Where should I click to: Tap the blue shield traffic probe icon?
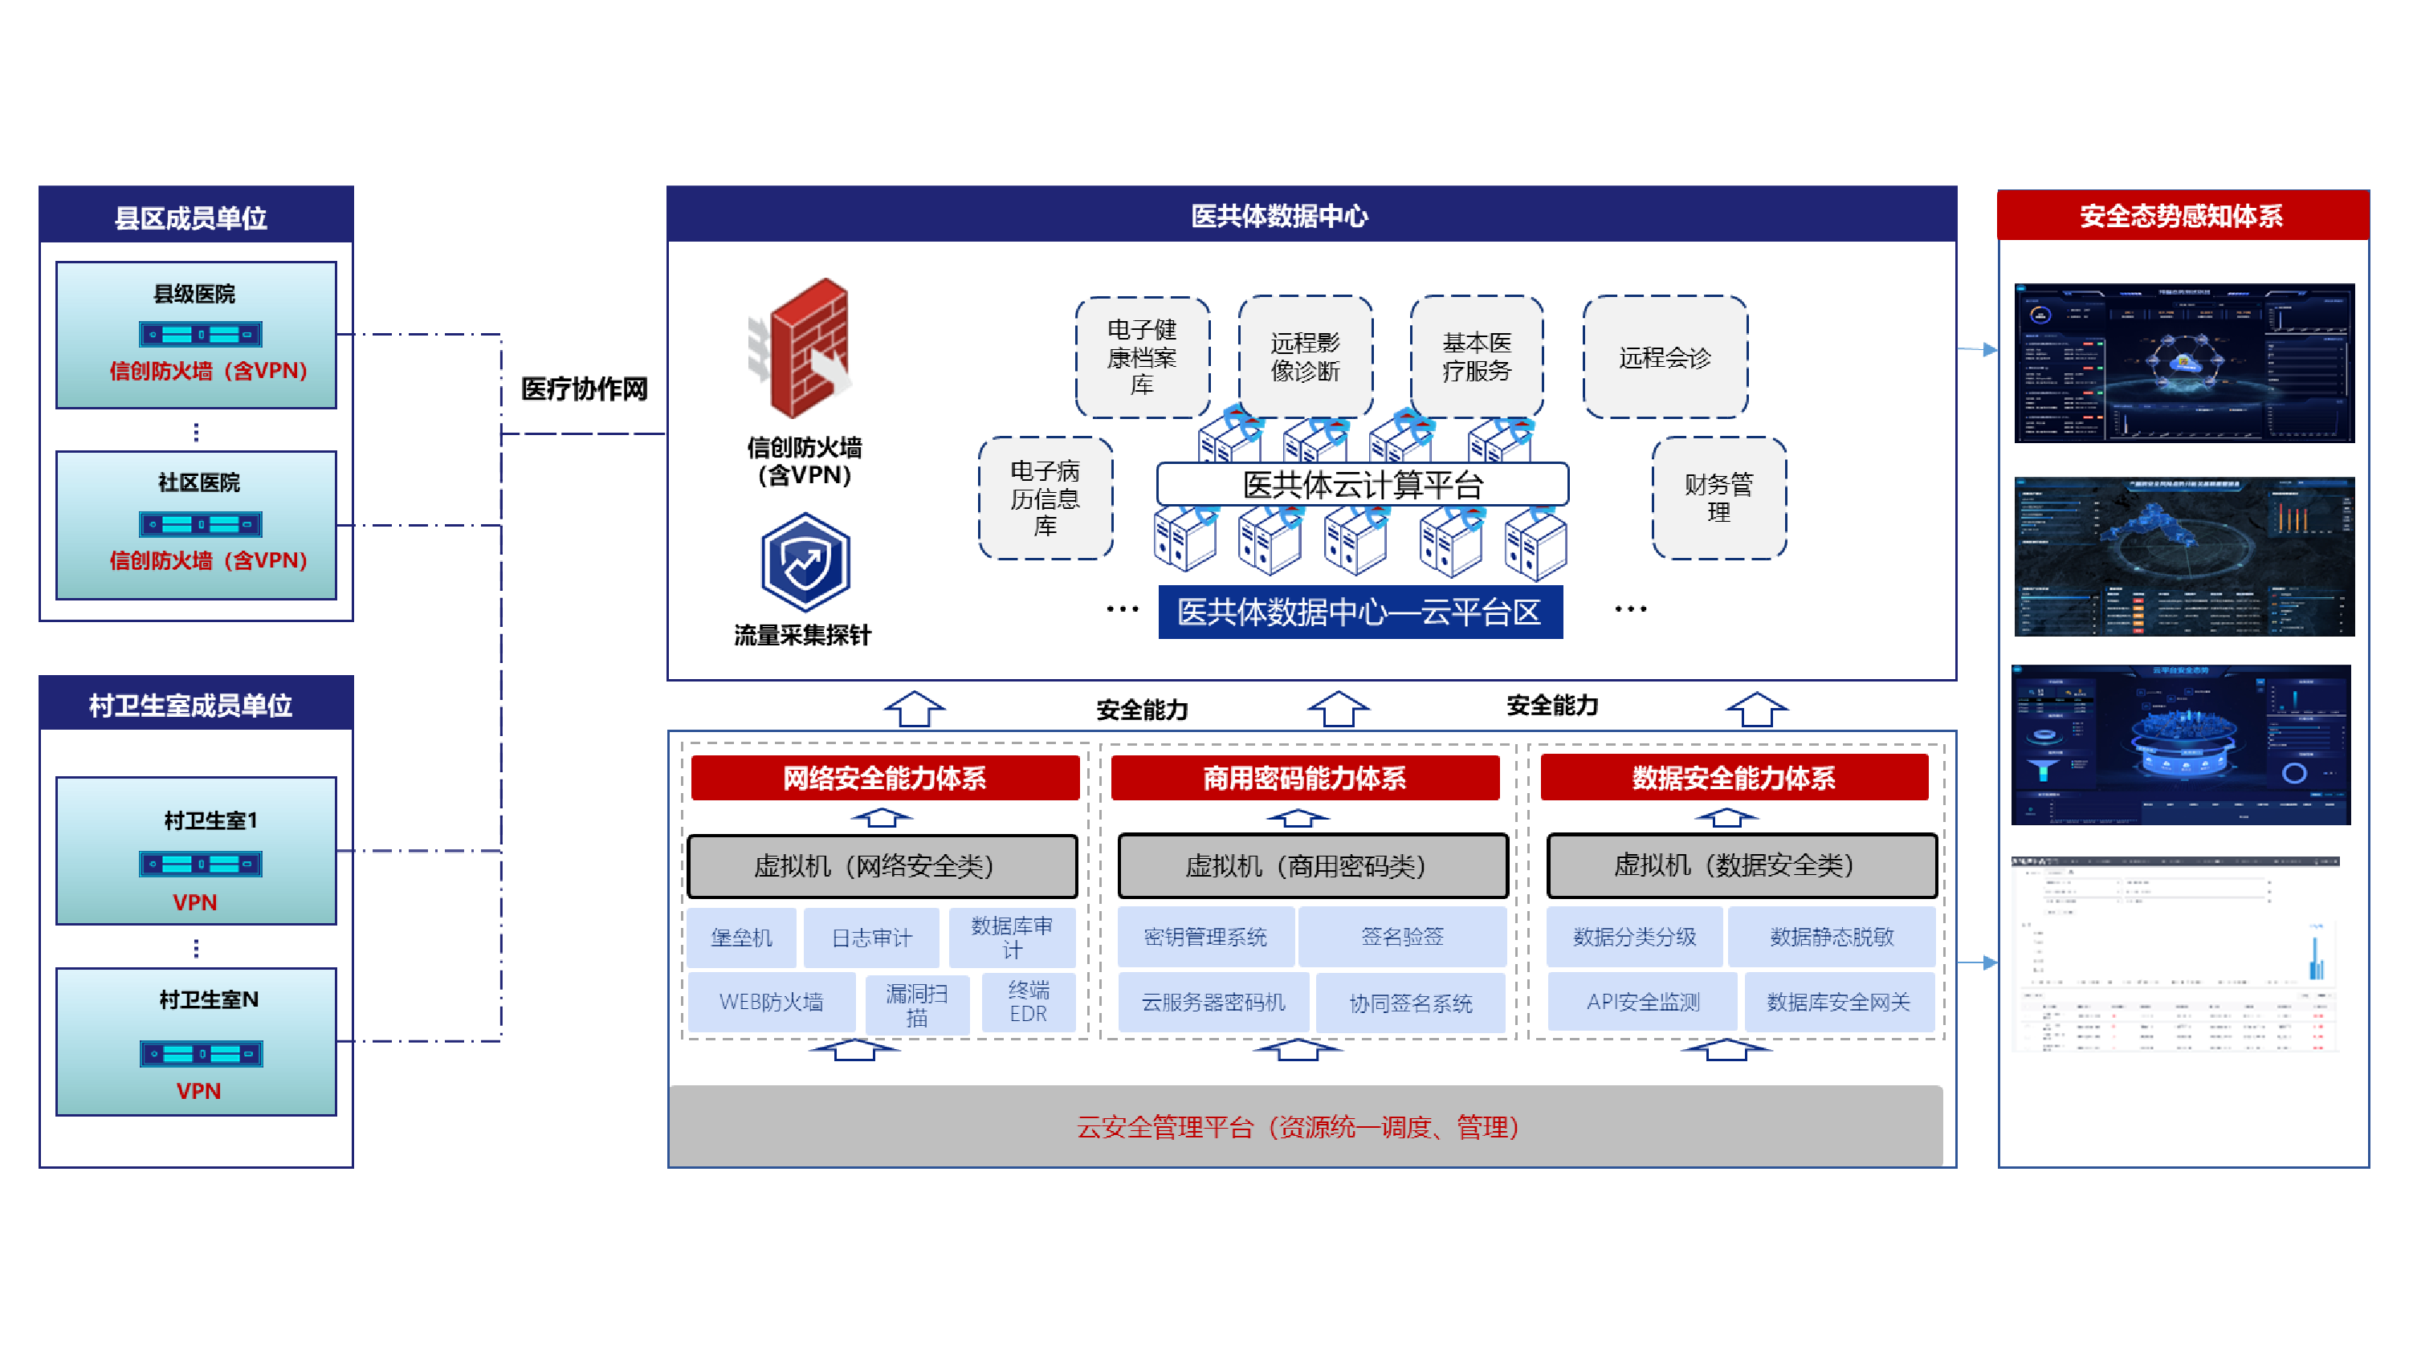[805, 562]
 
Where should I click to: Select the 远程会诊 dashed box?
[1665, 357]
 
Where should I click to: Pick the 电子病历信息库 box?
[1045, 498]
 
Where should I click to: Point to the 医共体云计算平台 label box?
[1362, 484]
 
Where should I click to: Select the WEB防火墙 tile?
[771, 1002]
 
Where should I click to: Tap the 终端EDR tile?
[1028, 1002]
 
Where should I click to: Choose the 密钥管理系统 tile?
[1204, 937]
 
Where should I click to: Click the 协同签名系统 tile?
[1410, 1003]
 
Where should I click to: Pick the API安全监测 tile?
[1642, 1002]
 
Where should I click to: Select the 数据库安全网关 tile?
[1837, 1002]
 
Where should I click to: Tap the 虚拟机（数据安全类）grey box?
[1741, 865]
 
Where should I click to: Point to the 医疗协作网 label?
[584, 389]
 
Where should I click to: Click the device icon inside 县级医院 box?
[200, 334]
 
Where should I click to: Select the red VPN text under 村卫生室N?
[198, 1090]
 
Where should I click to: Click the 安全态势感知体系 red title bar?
[2181, 216]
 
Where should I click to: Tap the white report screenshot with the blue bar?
[2175, 954]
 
